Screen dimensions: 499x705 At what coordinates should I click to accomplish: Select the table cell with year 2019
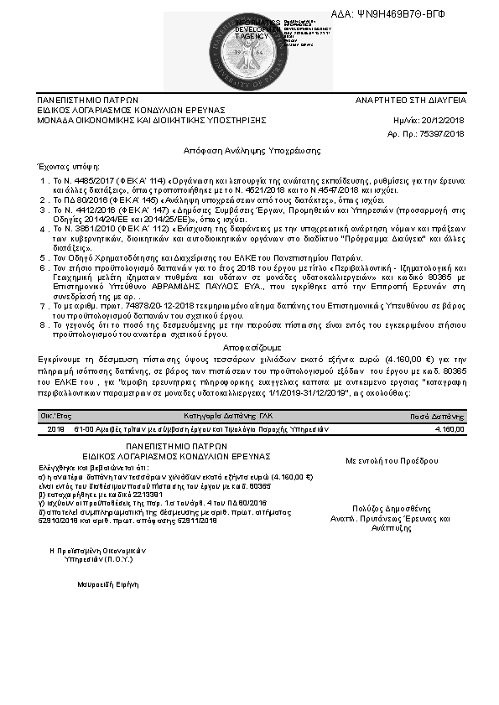pos(56,428)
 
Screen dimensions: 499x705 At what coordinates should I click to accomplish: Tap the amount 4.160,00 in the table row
pos(450,428)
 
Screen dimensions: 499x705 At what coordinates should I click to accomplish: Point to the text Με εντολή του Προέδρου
pos(392,460)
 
